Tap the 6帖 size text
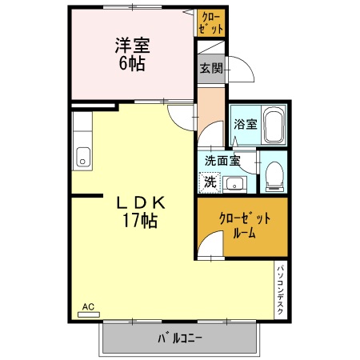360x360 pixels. pos(132,64)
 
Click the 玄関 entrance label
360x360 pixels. pos(210,69)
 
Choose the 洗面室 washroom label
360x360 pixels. pos(222,160)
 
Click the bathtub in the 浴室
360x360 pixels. pos(274,126)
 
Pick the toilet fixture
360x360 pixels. pos(274,174)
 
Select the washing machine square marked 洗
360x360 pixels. pos(209,182)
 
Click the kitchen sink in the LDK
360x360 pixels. pos(82,156)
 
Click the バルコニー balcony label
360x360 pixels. pos(179,338)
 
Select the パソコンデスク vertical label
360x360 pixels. pos(281,290)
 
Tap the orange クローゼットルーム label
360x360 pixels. pos(245,226)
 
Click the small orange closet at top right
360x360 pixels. pos(211,22)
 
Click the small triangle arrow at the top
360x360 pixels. pos(189,13)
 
